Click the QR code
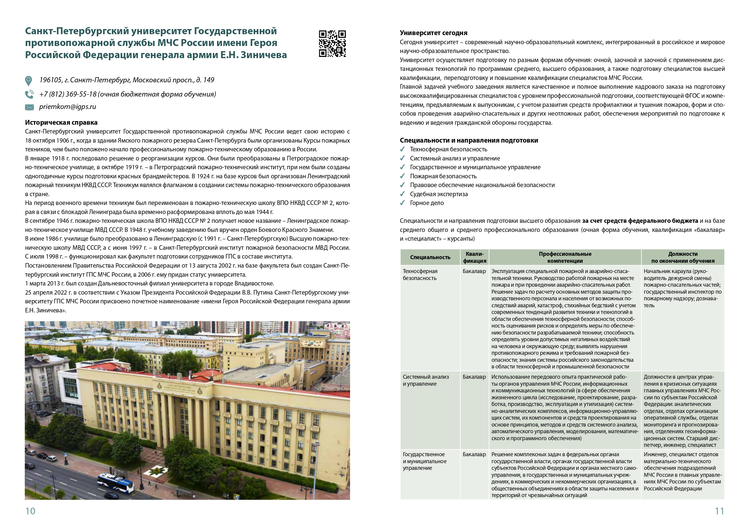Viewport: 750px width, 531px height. pos(332,44)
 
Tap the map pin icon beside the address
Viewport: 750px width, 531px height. pos(29,81)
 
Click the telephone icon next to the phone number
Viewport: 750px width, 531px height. pos(29,94)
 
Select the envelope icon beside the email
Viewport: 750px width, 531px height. pos(29,107)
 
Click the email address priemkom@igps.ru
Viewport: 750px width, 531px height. pos(68,107)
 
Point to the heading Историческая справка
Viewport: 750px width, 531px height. pos(61,122)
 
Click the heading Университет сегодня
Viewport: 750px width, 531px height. pos(433,33)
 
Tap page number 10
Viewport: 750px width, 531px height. pos(30,511)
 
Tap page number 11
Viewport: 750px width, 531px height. pos(719,511)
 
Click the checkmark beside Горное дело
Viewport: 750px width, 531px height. pos(402,203)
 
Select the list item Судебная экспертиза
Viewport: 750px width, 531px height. pos(439,194)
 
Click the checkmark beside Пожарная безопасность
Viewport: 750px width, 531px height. pos(402,176)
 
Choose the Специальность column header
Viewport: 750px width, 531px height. pos(430,257)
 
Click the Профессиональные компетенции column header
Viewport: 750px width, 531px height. pos(565,257)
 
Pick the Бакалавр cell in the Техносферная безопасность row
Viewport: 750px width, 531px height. pos(474,271)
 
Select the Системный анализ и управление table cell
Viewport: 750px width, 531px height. pos(426,380)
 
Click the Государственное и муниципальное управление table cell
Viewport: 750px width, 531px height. pos(424,461)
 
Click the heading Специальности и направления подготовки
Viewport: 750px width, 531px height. pos(469,140)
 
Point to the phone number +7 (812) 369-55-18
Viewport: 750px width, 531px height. pos(68,94)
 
